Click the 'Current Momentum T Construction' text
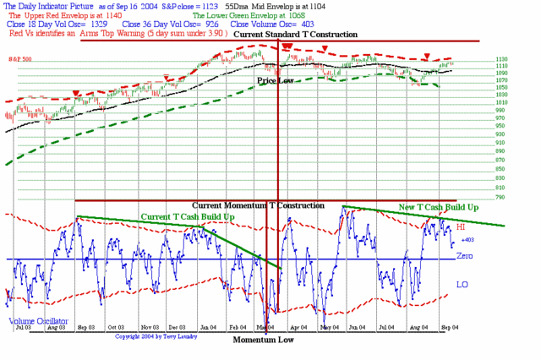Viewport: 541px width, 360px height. coord(258,205)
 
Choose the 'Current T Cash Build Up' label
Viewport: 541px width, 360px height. coord(187,217)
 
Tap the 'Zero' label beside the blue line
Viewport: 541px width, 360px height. coord(464,254)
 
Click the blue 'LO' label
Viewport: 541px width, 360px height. coord(462,285)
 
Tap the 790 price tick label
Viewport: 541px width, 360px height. coord(501,197)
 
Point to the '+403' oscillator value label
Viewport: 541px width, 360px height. coord(467,241)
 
